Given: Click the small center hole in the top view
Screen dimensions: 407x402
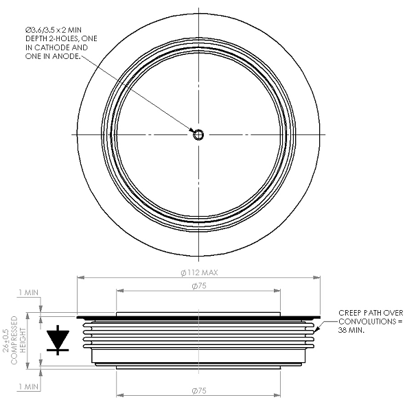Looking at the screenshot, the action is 198,134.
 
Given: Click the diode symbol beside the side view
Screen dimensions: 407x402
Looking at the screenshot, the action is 58,340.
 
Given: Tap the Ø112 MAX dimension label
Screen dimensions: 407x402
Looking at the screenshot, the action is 199,272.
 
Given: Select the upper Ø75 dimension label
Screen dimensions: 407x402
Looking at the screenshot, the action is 199,286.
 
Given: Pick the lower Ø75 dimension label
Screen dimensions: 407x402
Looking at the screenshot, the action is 199,390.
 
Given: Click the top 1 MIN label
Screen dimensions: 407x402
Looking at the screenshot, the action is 28,292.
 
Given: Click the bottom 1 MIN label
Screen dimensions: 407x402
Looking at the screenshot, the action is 28,387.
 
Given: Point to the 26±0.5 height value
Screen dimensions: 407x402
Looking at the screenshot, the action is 5,340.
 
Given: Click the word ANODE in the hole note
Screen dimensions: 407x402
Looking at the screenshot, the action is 66,56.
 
